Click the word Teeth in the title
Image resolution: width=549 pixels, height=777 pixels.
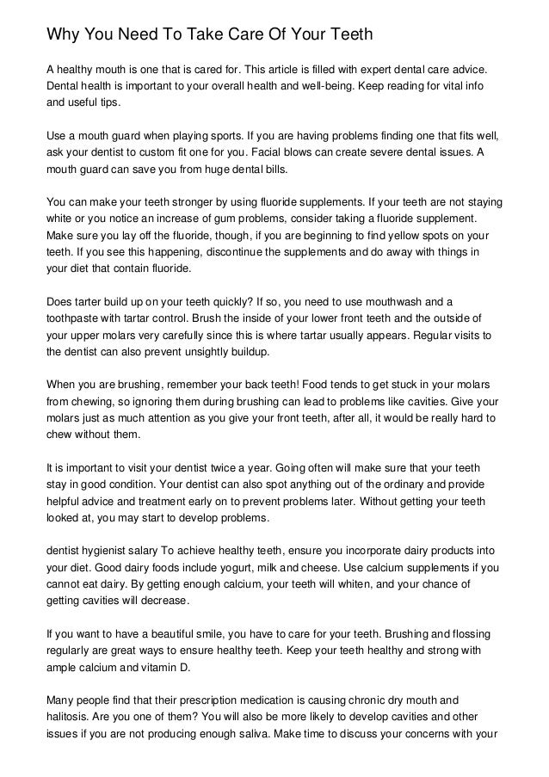pos(343,35)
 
